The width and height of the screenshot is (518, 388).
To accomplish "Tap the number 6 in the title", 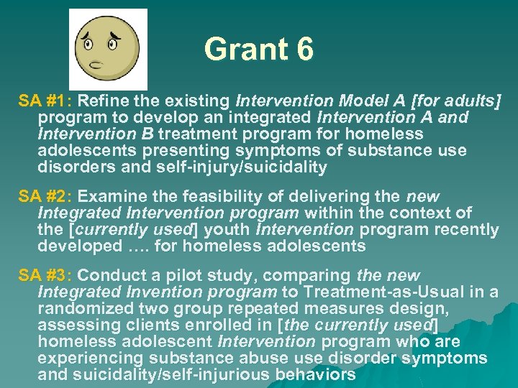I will pyautogui.click(x=304, y=50).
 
